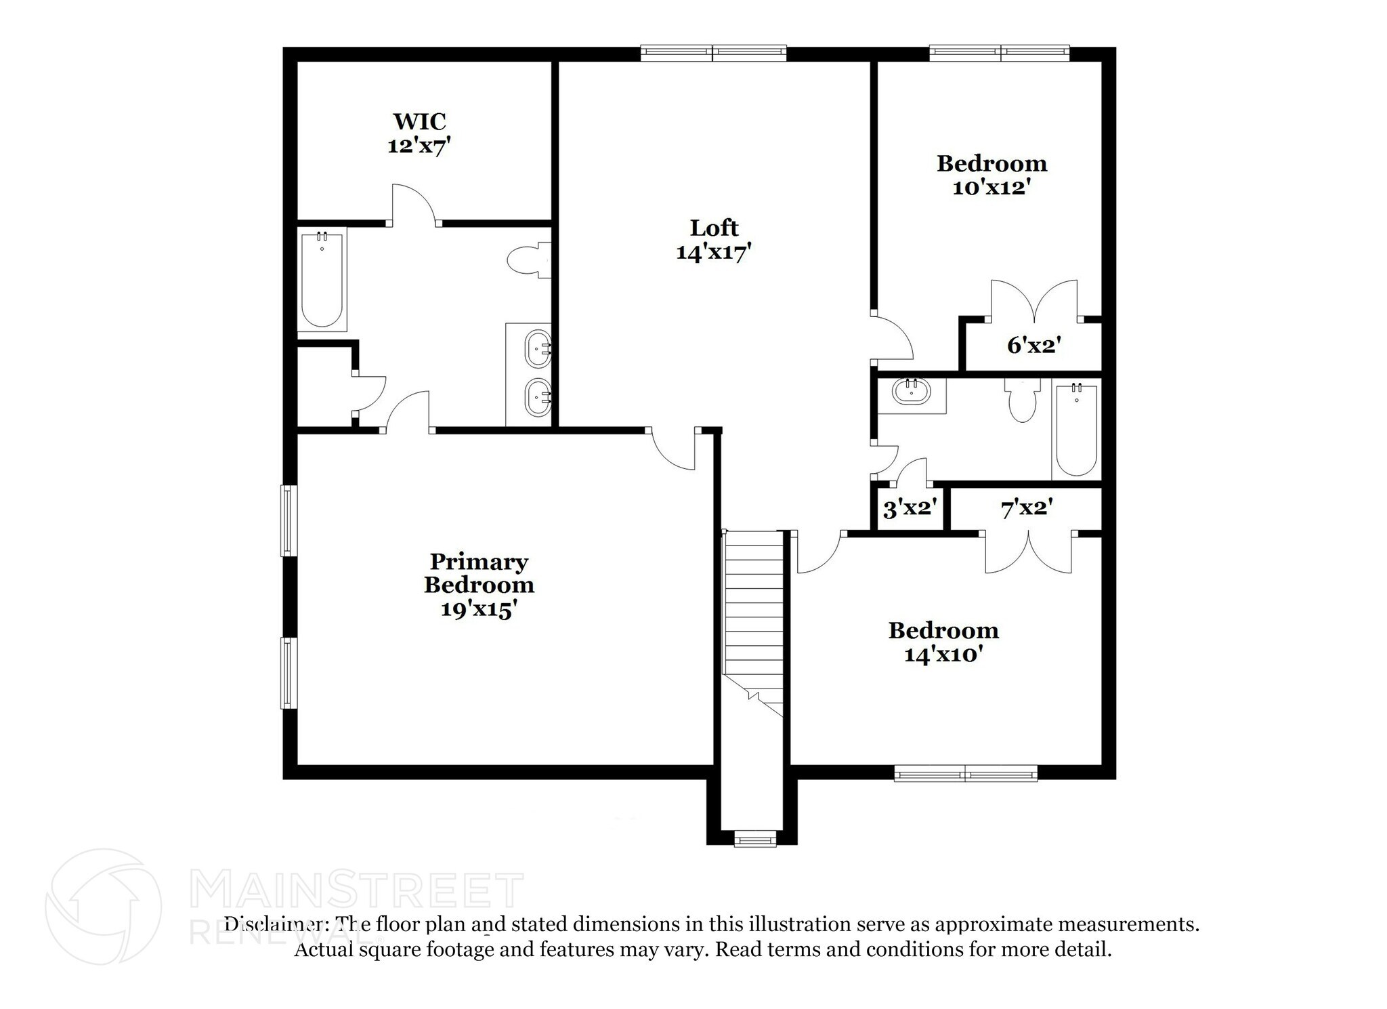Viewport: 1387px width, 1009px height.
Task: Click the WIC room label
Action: (x=419, y=121)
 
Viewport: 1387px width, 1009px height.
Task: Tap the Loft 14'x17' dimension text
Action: (x=714, y=252)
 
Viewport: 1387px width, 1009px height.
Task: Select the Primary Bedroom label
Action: (x=479, y=573)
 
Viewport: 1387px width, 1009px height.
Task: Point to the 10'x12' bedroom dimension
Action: (x=991, y=187)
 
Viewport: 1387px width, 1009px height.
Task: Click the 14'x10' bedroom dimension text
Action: (x=943, y=655)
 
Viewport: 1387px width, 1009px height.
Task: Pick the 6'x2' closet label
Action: (x=1033, y=346)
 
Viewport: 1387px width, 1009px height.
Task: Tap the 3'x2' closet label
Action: (x=910, y=508)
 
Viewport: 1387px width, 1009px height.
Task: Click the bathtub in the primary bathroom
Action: (x=322, y=279)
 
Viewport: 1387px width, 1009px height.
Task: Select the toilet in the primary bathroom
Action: (x=528, y=260)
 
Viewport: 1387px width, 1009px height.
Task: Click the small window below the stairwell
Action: (x=755, y=840)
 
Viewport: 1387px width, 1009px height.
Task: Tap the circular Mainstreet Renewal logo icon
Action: (x=103, y=906)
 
